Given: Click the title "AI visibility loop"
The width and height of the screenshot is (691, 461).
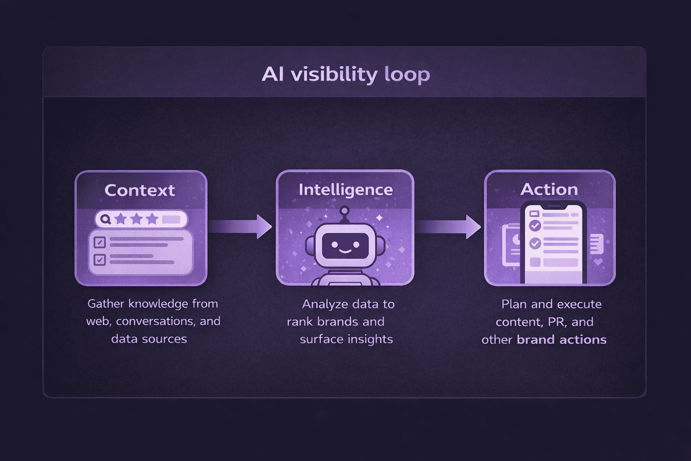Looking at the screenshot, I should coord(345,74).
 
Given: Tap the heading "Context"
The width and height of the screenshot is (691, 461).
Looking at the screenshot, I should coord(139,190).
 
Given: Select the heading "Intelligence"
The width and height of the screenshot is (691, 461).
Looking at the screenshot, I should coord(345,190).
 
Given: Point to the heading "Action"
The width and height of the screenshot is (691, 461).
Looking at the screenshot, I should coord(549,190).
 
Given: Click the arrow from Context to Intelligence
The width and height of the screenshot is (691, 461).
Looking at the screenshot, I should coord(241,226).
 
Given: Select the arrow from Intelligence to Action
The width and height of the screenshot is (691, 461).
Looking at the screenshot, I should coord(448,226).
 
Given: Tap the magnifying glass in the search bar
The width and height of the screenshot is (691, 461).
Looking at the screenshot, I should coord(106,219).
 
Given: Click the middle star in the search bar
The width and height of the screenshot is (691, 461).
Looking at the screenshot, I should coord(136,219).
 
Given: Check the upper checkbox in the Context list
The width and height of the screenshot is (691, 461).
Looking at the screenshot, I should coord(99,242).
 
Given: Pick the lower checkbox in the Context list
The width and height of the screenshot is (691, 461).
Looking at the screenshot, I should coord(99,260).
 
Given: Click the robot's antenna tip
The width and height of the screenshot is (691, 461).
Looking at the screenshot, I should coord(345,210).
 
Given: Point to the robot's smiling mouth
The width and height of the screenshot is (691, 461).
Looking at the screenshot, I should coord(345,251).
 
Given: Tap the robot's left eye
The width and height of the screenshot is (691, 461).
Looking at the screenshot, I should coord(334,245).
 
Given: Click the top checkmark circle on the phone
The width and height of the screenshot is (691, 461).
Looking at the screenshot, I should coord(535,226).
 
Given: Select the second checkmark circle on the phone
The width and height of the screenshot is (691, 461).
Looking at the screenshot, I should coord(535,244).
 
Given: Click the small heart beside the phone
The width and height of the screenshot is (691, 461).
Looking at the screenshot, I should coord(598,261).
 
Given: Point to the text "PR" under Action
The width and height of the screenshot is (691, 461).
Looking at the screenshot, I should coord(556,322).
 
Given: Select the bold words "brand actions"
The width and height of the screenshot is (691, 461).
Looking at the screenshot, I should coord(561,339).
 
